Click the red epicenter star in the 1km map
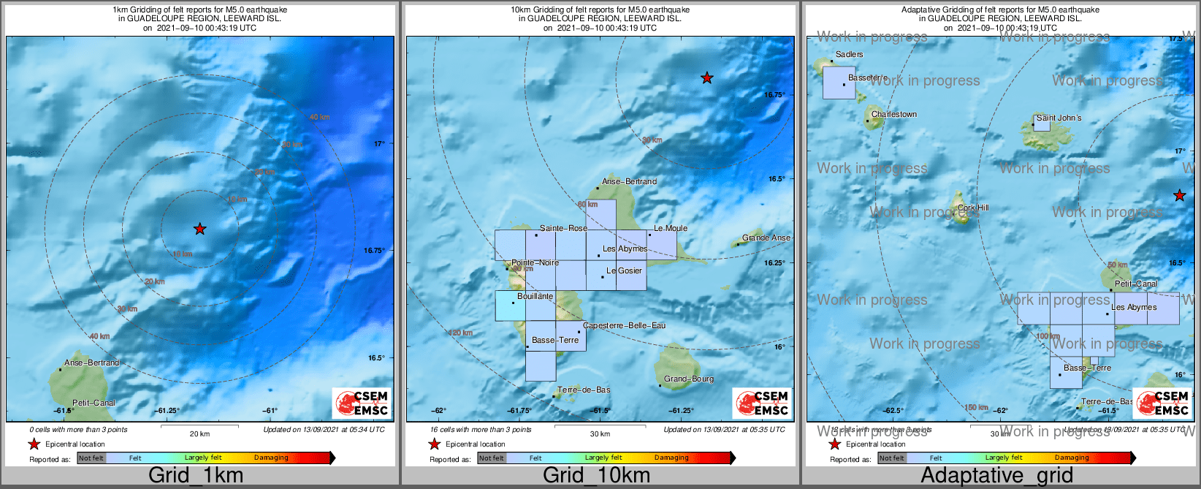[199, 229]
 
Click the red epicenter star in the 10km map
[706, 77]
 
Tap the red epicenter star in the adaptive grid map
[1179, 195]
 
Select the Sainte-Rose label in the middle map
[563, 228]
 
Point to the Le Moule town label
[670, 228]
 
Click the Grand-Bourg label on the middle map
[689, 379]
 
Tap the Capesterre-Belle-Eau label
[624, 325]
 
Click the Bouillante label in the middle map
[535, 296]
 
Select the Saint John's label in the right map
[1059, 118]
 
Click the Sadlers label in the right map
[849, 54]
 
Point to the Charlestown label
[893, 114]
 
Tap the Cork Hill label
[973, 208]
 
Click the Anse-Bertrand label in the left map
[91, 363]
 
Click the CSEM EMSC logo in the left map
[362, 403]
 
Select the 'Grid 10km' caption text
[596, 475]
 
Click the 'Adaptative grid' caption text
[996, 475]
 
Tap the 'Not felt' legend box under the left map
[91, 458]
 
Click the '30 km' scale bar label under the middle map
[600, 433]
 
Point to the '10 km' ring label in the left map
[182, 254]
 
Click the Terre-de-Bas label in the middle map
[584, 390]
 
